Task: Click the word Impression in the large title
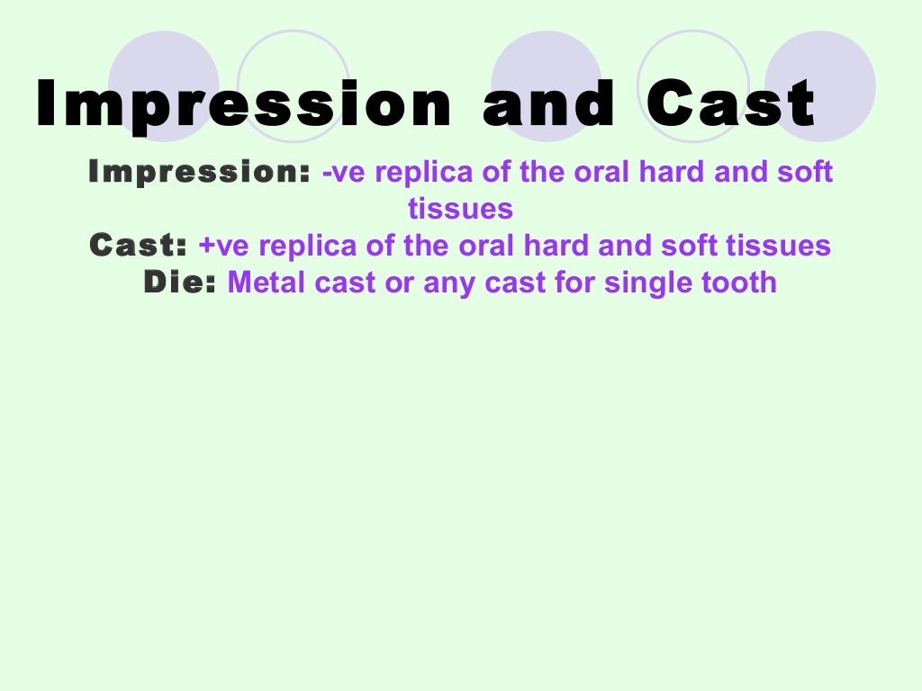(243, 104)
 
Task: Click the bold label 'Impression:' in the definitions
(199, 172)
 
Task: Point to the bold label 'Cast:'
(139, 246)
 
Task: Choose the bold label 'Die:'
(180, 283)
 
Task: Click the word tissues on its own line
(460, 209)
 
